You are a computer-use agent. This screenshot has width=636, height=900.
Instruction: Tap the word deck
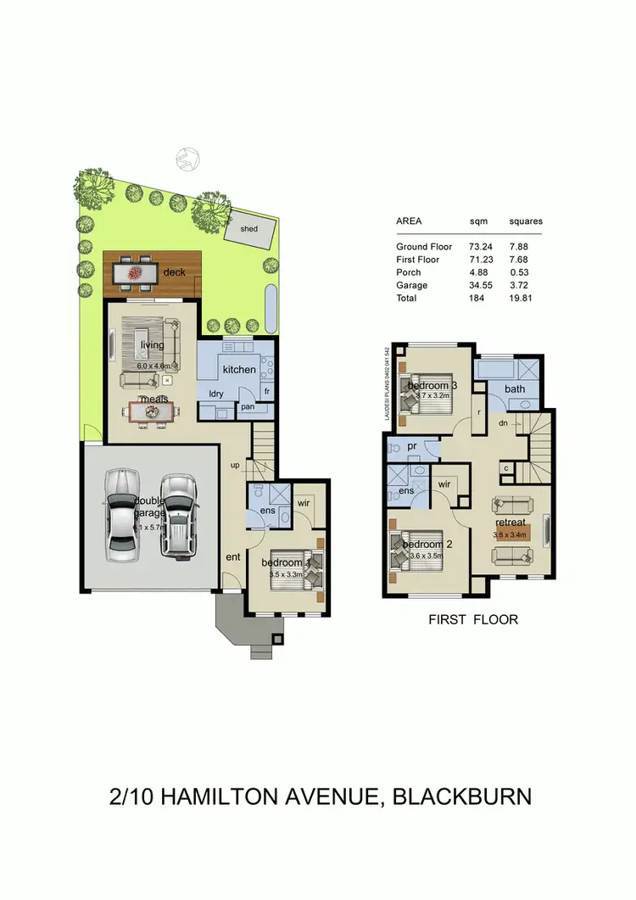coord(175,272)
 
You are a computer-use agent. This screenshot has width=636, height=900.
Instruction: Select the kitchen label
coord(239,370)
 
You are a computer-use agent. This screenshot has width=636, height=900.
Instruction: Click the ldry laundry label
coord(216,394)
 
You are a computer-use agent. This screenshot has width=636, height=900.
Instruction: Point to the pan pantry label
coord(248,407)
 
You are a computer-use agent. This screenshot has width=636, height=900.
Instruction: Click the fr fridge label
coord(266,391)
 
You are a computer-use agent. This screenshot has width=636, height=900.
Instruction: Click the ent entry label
coord(233,556)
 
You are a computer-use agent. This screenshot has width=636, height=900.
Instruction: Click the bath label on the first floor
coord(515,389)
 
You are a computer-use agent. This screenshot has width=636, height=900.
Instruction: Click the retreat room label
coord(511,523)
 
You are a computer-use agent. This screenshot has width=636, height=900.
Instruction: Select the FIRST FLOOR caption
coord(473,620)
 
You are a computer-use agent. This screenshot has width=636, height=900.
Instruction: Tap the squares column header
coord(525,221)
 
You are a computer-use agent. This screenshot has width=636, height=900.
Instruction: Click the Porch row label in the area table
coord(409,273)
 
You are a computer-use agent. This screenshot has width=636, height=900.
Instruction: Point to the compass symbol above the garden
coord(187,159)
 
